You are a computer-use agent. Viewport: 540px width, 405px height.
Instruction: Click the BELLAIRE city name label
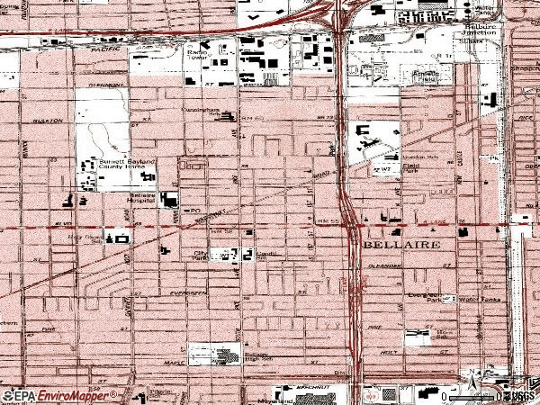(x=401, y=245)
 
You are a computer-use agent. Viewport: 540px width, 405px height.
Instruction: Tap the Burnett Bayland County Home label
(x=105, y=163)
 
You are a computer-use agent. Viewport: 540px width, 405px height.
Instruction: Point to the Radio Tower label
(x=197, y=57)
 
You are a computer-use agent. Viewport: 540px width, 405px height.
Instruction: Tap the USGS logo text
(x=520, y=395)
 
